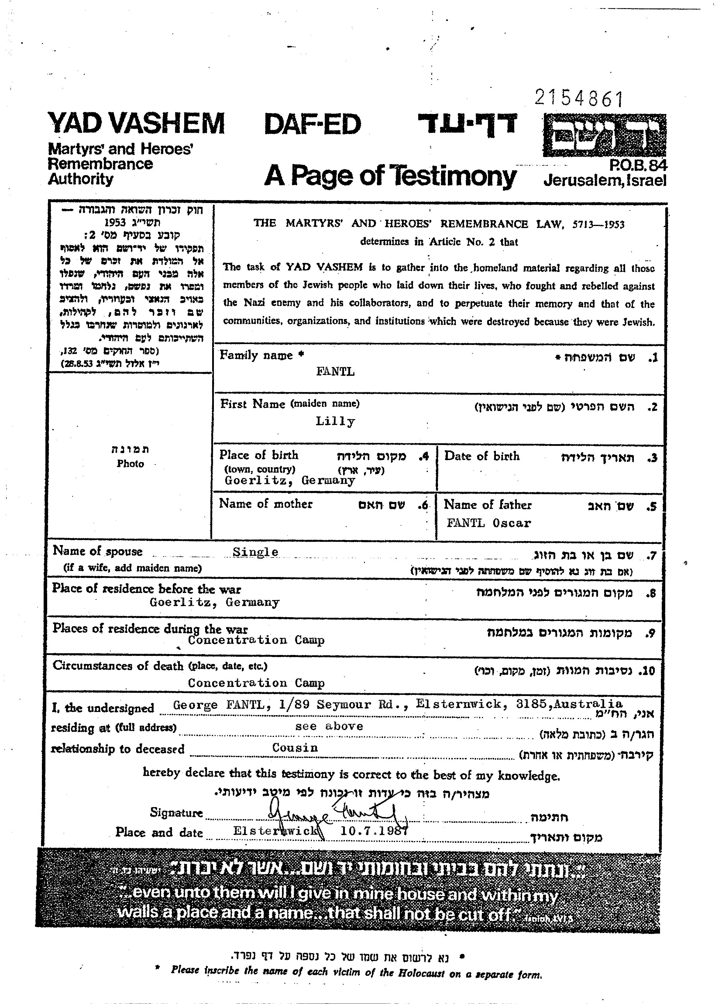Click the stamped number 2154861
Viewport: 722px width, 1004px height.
click(579, 99)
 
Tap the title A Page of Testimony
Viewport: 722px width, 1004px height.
click(390, 176)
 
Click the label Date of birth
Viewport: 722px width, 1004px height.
click(482, 456)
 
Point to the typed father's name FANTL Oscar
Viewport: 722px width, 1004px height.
click(489, 523)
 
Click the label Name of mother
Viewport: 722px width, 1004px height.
click(266, 504)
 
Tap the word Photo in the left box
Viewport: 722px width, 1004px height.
click(130, 464)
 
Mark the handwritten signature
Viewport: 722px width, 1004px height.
click(337, 816)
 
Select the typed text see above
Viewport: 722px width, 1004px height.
click(329, 726)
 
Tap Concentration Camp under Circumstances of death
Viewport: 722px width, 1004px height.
click(256, 683)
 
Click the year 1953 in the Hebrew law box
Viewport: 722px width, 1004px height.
click(116, 223)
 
